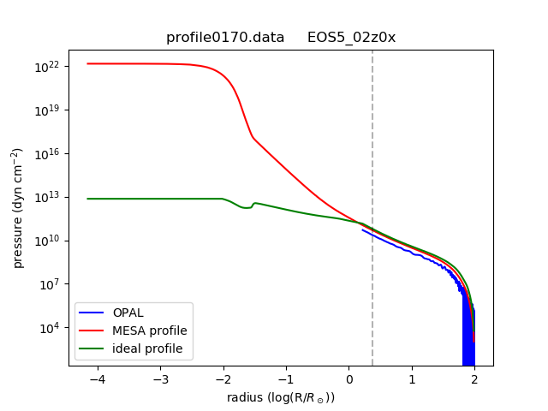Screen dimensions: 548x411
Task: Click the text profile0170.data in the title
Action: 225,38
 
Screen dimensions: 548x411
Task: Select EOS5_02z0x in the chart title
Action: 351,38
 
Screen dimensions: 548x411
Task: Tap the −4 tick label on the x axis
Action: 98,379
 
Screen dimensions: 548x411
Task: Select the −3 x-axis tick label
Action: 160,379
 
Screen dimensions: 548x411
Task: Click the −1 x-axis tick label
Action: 286,379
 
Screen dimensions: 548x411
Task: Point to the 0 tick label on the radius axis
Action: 349,379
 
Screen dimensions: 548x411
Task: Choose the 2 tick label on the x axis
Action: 474,379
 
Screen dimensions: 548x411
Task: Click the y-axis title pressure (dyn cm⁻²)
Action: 17,208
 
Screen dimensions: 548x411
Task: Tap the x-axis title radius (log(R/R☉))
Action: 281,397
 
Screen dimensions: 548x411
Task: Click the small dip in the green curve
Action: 247,207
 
